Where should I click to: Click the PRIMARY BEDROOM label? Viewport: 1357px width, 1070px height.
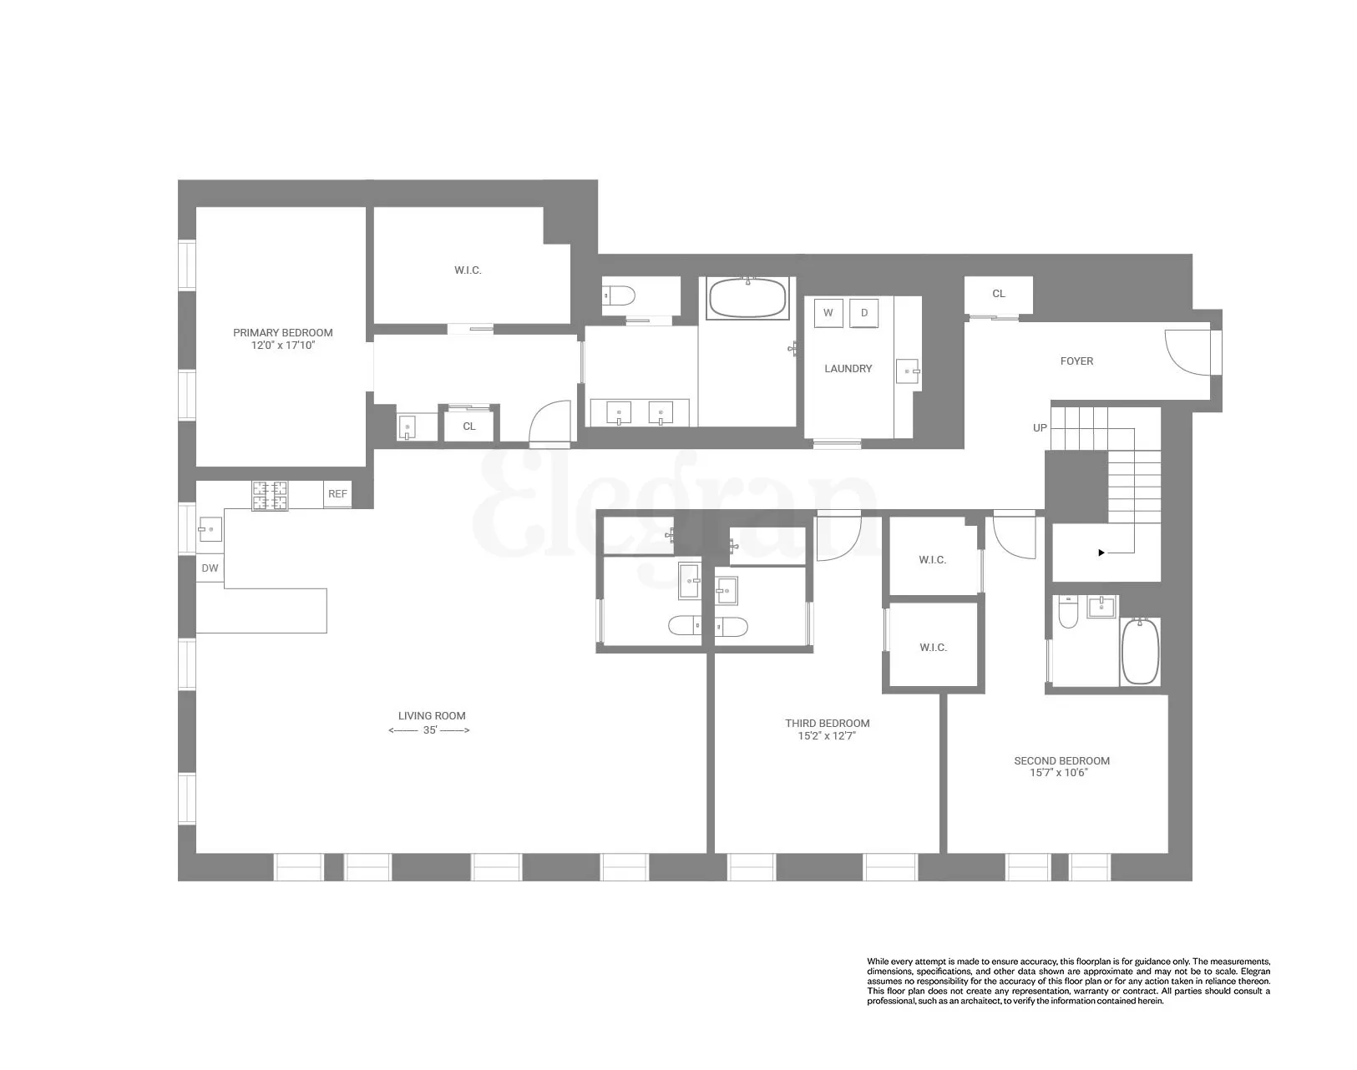282,332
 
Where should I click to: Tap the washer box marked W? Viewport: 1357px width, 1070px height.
828,313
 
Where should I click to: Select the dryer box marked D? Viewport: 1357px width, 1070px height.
864,313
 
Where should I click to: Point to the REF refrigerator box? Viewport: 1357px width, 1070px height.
337,494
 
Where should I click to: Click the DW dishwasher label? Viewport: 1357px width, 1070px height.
210,568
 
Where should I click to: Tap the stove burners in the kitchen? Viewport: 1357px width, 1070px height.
270,495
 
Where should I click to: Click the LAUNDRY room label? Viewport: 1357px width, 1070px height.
848,368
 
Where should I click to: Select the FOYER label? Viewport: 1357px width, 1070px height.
1076,361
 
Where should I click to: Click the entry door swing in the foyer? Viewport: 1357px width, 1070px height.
1185,351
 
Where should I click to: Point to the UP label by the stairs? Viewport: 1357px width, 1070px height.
1040,427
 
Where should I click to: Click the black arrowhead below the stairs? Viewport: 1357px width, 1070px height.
1101,553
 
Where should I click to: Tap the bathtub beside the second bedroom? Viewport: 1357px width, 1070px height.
1140,652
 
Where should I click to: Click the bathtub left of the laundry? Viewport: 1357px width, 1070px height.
747,298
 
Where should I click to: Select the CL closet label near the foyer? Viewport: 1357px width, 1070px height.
998,294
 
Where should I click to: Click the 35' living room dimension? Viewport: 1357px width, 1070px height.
430,730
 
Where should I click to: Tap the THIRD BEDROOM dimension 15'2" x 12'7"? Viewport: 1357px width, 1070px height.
827,736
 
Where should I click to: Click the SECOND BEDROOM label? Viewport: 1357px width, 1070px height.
1061,760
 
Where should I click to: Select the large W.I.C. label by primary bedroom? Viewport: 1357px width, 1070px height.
468,270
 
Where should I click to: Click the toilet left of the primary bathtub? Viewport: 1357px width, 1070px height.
619,295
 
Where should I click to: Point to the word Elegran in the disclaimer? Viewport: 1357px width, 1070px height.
1255,972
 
